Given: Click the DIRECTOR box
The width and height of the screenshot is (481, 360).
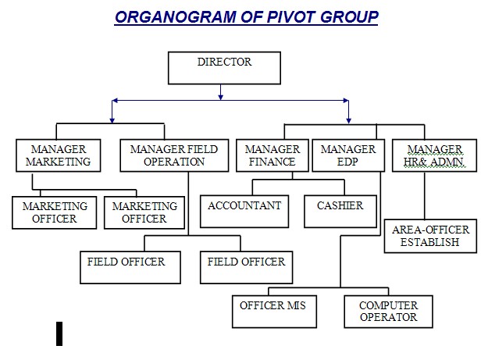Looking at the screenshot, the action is coord(224,68).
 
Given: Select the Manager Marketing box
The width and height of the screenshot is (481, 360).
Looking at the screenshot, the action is coord(59,155).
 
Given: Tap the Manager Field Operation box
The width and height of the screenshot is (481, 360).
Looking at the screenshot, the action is coord(174,155).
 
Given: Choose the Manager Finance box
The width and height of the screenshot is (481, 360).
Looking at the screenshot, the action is coord(273,155).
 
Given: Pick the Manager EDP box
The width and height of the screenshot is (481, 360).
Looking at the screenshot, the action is coord(348,155).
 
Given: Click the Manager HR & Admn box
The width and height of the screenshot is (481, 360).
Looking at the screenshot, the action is coord(434,155).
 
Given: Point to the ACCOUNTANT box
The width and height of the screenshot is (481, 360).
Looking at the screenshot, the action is coord(244,212).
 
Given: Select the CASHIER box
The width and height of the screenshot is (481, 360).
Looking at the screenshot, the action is coord(340,212).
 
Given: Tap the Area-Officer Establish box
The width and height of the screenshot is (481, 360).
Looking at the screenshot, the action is coord(431,236).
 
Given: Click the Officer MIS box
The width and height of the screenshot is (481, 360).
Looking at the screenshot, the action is coord(274,312).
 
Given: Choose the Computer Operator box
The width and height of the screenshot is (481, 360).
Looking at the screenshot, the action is coord(388,312).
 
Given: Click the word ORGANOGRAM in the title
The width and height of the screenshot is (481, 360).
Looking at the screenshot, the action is coord(176,17).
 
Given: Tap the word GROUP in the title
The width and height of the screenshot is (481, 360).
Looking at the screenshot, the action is coord(349,17).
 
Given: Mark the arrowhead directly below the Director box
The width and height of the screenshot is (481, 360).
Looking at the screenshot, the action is coord(220,98).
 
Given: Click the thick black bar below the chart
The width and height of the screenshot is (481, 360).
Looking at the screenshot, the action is coord(59,333).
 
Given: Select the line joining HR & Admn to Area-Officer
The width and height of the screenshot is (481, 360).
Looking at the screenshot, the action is coord(425,195).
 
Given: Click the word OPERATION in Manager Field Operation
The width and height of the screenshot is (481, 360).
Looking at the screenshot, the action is coord(174,162).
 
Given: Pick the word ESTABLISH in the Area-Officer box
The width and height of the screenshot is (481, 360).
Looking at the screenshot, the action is coord(429,242).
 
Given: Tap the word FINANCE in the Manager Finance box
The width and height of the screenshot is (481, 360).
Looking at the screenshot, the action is coord(272,162).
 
